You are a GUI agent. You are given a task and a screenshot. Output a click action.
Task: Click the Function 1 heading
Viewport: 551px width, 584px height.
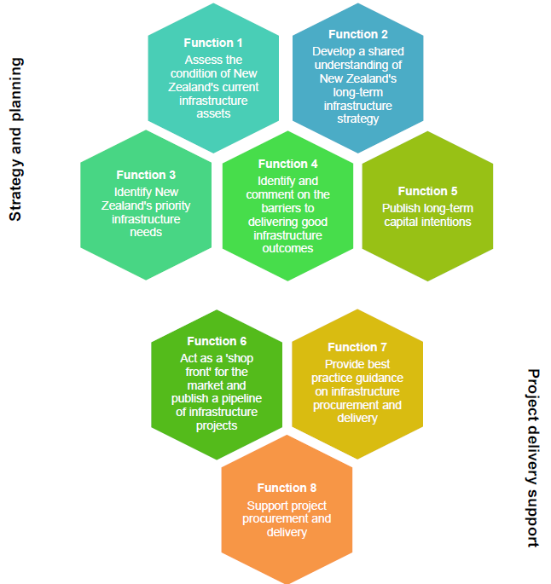(213, 43)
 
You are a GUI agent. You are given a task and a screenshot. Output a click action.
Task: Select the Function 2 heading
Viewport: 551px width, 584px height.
(357, 34)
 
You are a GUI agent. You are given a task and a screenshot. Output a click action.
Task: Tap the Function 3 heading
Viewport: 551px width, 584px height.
(146, 175)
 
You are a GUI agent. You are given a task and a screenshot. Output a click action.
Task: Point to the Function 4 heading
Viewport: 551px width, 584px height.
(287, 164)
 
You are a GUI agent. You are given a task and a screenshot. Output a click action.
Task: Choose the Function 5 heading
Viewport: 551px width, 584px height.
(427, 191)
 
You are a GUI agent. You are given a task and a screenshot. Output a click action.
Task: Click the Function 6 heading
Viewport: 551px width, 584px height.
(217, 341)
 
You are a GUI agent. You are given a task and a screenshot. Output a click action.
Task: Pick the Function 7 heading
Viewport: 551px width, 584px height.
(357, 347)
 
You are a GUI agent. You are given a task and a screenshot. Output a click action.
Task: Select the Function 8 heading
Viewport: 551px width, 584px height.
(287, 488)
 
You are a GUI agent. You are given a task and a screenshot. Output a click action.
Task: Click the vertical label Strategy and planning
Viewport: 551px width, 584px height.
(15, 140)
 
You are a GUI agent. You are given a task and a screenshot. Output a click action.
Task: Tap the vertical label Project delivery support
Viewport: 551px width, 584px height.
(533, 458)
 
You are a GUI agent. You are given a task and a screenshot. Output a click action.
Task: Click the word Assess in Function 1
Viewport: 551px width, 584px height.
(202, 61)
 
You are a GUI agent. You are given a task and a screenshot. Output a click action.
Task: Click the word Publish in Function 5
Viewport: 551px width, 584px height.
(400, 209)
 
